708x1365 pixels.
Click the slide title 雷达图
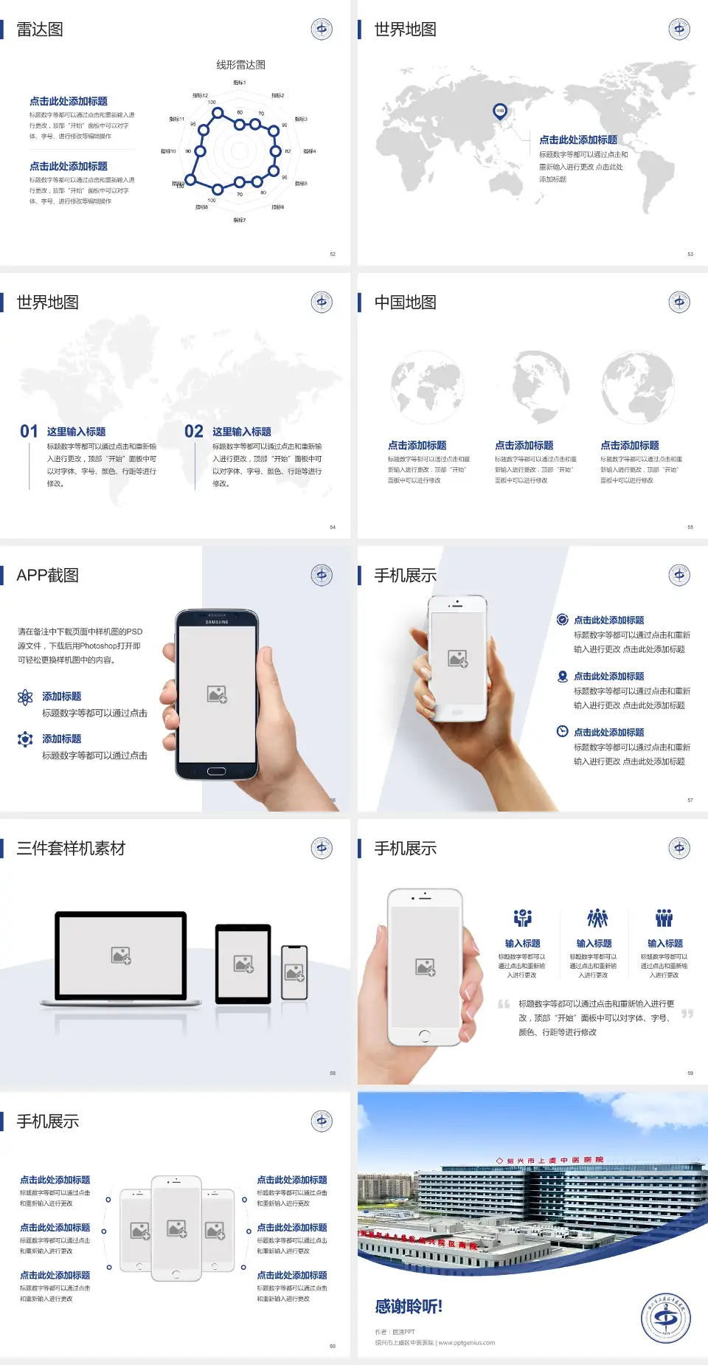40,30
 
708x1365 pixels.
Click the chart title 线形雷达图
240,65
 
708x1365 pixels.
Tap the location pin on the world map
499,111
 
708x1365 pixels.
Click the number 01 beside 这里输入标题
29,432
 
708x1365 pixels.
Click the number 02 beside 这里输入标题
194,432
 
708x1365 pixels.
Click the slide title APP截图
48,576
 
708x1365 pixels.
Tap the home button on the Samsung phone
216,771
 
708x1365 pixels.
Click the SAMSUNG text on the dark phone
217,622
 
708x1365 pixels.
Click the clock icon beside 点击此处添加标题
562,731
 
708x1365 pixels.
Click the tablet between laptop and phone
243,963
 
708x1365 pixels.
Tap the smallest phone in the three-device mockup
294,972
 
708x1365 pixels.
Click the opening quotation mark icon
504,1004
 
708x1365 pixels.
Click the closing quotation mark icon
687,1014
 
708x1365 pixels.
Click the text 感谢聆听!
409,1307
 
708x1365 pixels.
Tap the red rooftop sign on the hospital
550,1161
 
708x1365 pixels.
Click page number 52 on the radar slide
333,254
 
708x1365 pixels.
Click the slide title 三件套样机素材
71,849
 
